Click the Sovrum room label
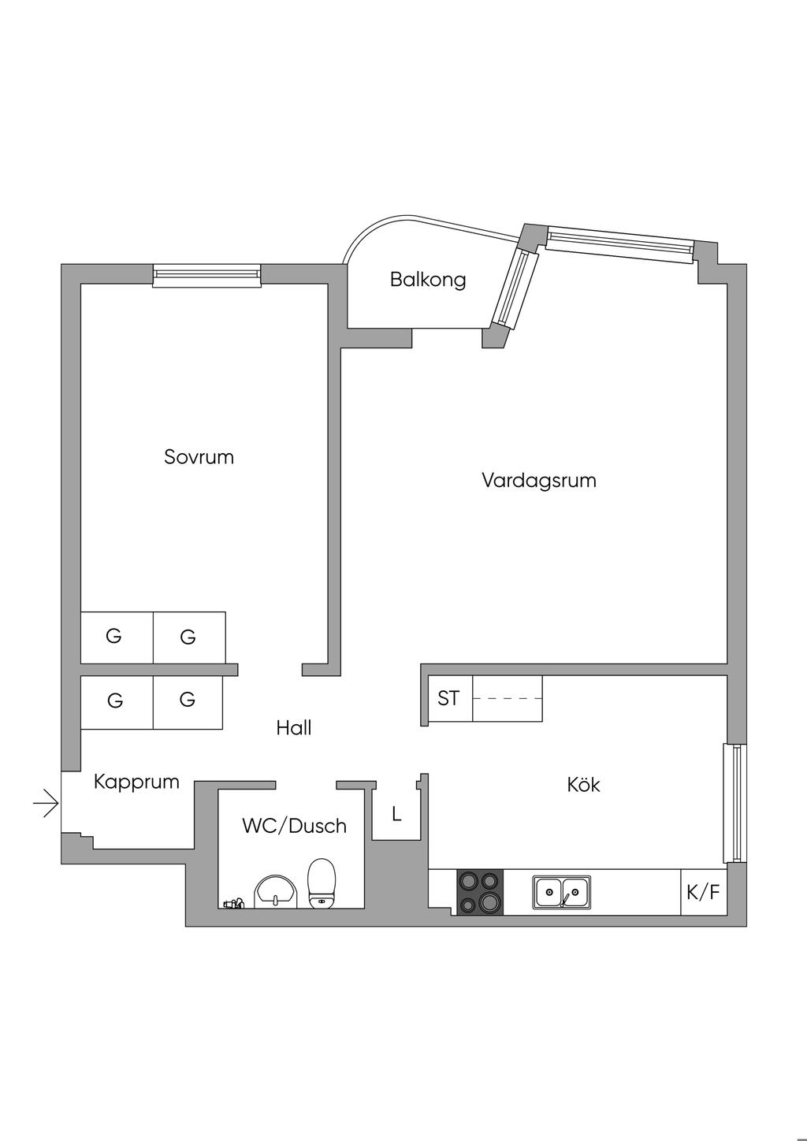coord(199,457)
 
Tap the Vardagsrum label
coord(539,481)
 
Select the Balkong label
coord(428,280)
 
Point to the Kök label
coord(583,785)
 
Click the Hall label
coord(294,728)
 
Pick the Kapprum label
coord(136,782)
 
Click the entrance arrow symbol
coord(46,803)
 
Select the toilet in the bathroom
coord(322,884)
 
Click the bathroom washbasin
coord(275,892)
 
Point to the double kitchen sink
coord(562,892)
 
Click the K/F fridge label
coord(704,893)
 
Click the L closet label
coord(396,815)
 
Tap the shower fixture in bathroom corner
coord(233,904)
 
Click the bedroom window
coord(206,275)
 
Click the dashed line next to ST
coord(508,698)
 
